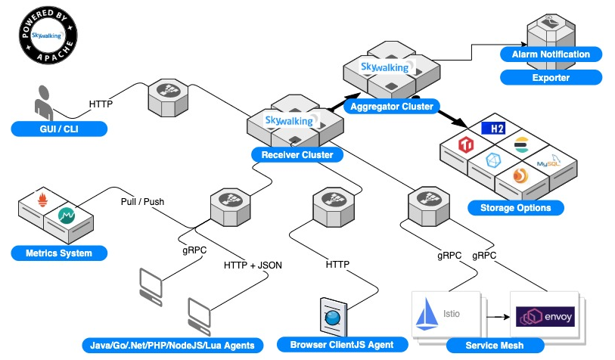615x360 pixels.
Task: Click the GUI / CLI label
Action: (x=59, y=129)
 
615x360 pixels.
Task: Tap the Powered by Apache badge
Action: (x=48, y=35)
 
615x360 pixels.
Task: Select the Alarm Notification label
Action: (x=551, y=54)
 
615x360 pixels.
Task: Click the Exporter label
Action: (x=551, y=78)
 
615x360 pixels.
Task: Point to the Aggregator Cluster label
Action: (x=391, y=107)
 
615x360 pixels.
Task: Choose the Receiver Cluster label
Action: (x=297, y=155)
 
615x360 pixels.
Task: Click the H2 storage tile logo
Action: (x=493, y=129)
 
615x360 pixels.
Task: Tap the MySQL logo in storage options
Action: (x=548, y=162)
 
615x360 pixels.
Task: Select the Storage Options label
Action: (x=515, y=208)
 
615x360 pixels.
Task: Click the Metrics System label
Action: (x=59, y=253)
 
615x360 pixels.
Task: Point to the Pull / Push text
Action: (x=142, y=202)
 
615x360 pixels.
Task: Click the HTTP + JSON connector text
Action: (x=253, y=265)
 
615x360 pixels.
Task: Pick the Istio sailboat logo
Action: (x=427, y=314)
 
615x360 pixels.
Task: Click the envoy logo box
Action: (x=545, y=316)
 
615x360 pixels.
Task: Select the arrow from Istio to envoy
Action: (x=498, y=316)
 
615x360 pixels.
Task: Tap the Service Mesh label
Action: (x=495, y=346)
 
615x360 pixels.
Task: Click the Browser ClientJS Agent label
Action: (x=342, y=345)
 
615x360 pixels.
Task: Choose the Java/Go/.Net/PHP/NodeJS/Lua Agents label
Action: (x=172, y=346)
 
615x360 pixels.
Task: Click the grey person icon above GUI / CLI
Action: (x=44, y=103)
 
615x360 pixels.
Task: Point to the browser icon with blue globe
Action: (x=334, y=317)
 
